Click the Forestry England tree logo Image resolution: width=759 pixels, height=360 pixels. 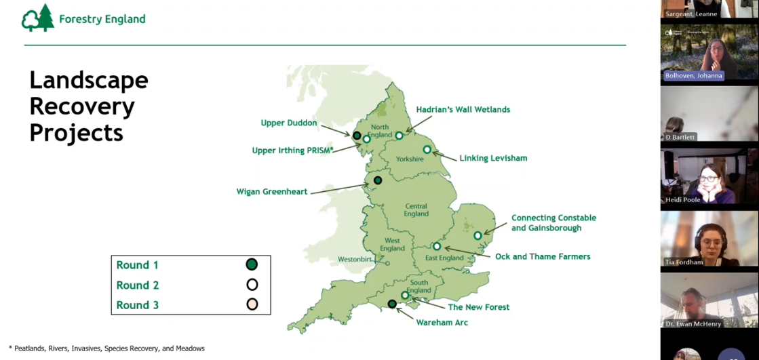tap(38, 18)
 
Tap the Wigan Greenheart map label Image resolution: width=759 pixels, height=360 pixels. tap(271, 192)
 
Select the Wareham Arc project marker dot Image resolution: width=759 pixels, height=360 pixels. tap(392, 304)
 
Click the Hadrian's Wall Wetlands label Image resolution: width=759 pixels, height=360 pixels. tap(463, 109)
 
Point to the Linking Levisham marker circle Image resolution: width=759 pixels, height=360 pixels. tap(427, 150)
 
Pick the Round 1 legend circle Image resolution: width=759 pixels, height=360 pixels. tap(252, 264)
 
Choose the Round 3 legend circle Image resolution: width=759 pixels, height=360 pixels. tap(252, 304)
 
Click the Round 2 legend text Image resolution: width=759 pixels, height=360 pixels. tap(138, 285)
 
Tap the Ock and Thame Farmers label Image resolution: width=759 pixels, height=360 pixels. tap(542, 256)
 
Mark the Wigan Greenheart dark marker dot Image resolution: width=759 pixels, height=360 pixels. tap(378, 180)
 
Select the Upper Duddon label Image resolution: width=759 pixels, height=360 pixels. tap(289, 123)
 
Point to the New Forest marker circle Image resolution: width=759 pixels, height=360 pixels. tap(405, 295)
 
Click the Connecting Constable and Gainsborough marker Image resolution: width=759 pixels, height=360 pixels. tap(478, 235)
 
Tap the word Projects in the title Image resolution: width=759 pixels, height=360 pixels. tap(76, 132)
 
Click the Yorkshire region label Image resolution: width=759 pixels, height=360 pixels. tap(410, 159)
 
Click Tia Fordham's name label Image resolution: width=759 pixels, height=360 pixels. tap(684, 262)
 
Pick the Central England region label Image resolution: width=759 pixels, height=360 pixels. tap(416, 209)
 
